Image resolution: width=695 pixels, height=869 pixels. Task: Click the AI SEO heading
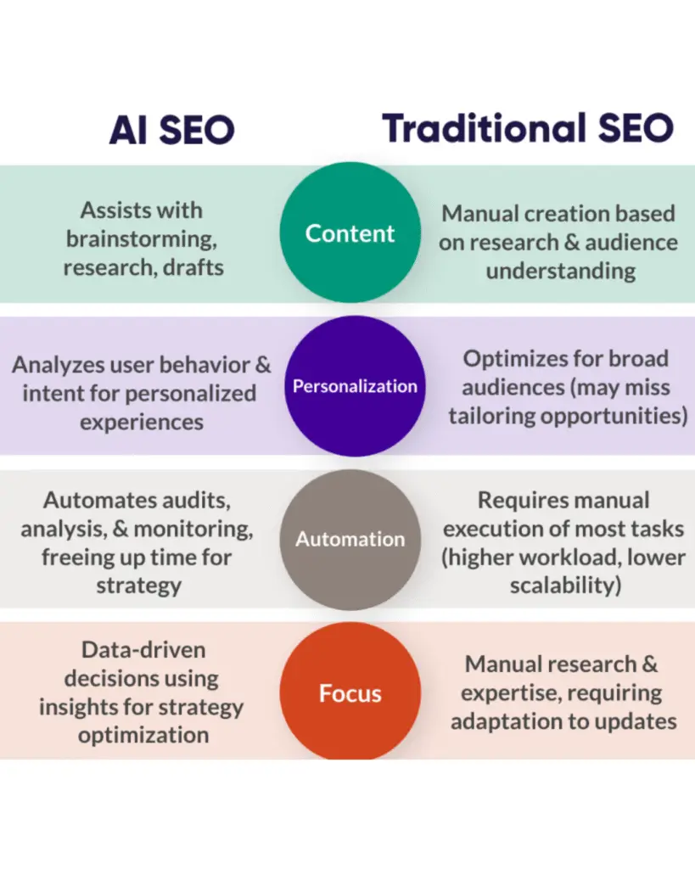[171, 129]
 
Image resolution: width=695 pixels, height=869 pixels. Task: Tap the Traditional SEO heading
[528, 129]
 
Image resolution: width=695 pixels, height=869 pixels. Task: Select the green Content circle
[350, 233]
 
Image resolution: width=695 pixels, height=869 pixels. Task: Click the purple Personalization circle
[355, 386]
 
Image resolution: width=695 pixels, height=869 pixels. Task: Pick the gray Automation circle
[350, 539]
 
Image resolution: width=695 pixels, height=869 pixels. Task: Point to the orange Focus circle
[350, 693]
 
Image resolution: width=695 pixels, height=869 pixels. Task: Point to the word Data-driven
[143, 650]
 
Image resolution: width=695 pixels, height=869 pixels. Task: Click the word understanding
[560, 271]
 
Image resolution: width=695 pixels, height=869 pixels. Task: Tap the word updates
[632, 721]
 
